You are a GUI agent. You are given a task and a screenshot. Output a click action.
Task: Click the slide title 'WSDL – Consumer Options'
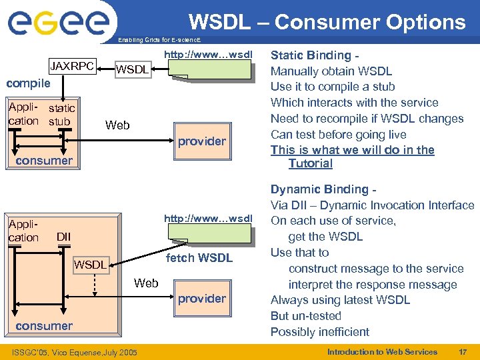click(327, 22)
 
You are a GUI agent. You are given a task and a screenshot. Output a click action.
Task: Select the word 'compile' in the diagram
click(28, 83)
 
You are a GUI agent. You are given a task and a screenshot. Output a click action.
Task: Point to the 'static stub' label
click(62, 115)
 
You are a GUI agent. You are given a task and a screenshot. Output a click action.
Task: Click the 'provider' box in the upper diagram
click(201, 141)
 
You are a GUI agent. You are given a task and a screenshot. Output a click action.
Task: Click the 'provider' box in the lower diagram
click(201, 298)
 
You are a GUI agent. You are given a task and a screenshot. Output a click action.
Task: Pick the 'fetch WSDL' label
click(199, 257)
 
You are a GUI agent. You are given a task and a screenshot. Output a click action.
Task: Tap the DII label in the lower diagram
click(63, 237)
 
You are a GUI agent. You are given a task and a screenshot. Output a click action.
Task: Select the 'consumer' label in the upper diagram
click(44, 160)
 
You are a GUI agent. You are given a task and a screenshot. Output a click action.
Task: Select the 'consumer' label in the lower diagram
click(44, 325)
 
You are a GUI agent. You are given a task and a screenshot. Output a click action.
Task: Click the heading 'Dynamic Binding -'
click(321, 189)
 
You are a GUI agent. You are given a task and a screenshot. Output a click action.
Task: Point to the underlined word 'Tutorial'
click(310, 163)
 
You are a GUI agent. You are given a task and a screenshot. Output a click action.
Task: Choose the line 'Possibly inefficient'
click(319, 331)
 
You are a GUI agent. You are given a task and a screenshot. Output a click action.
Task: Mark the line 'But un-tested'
click(305, 315)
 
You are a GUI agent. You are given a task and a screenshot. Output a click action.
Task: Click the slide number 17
click(462, 351)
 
